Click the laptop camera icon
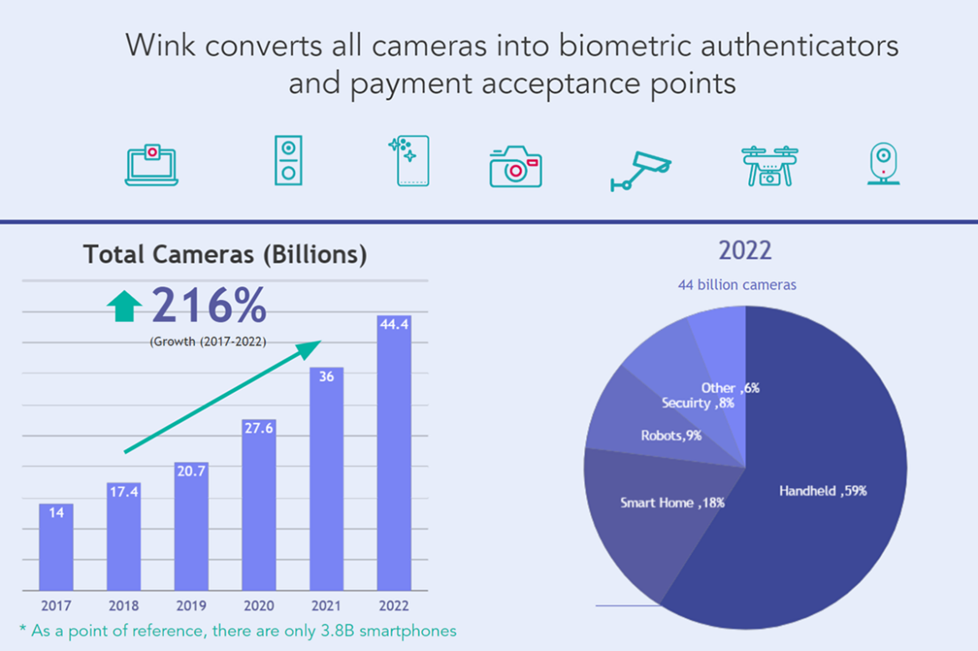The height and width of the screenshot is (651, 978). [x=151, y=164]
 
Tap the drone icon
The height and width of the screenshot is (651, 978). [x=769, y=165]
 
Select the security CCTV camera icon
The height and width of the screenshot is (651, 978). [x=640, y=170]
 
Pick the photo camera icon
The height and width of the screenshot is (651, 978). [x=515, y=166]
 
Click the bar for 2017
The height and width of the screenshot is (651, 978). [x=56, y=547]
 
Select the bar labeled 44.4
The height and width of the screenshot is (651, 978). [x=394, y=451]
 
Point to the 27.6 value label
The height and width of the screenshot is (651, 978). [x=259, y=427]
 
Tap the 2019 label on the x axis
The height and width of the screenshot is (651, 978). [x=191, y=605]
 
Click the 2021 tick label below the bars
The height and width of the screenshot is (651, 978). [x=326, y=605]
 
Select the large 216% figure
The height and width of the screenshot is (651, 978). [x=209, y=306]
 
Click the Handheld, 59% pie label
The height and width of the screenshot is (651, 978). [x=823, y=491]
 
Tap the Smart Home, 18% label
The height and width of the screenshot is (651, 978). [x=672, y=503]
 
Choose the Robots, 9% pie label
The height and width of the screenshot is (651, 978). [x=670, y=435]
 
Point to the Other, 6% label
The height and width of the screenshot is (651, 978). [x=730, y=388]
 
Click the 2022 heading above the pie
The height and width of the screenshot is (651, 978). [x=745, y=251]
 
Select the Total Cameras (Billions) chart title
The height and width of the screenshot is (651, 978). [x=225, y=254]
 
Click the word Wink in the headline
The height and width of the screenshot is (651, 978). [x=160, y=45]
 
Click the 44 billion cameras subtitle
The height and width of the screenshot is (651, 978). [x=736, y=285]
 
